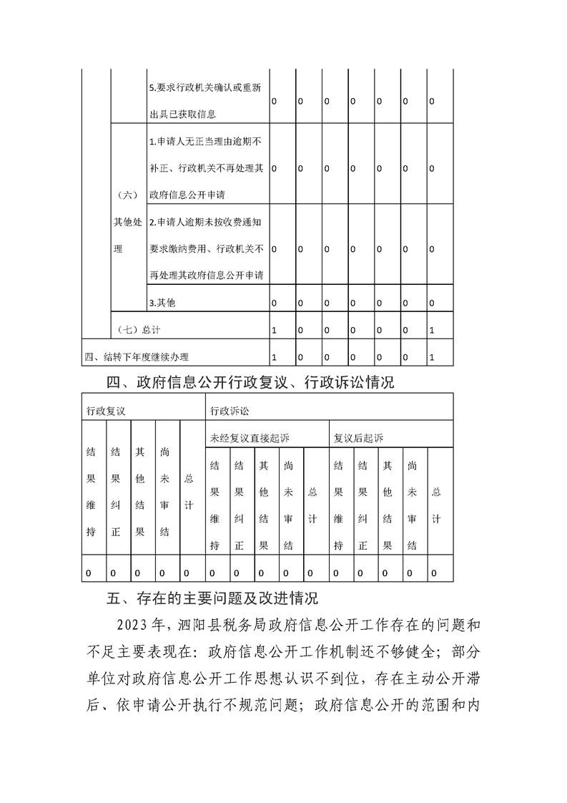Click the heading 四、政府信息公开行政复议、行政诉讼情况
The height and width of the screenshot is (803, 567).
250,383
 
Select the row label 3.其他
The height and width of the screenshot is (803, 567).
162,303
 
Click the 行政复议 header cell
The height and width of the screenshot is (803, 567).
106,412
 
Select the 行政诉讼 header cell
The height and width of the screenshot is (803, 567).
225,412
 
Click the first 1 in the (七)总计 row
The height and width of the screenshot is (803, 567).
275,329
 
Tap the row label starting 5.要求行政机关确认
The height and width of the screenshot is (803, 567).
204,99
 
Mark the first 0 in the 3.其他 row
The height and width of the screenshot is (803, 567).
275,303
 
